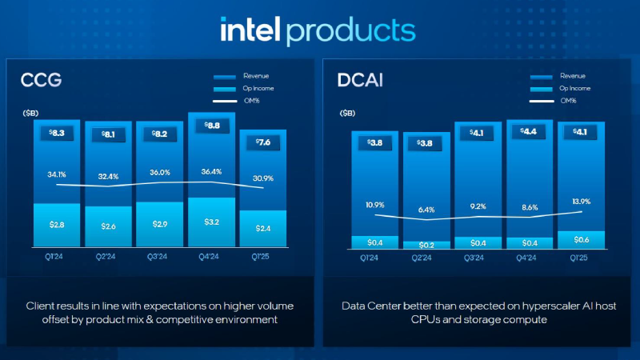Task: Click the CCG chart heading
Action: point(41,80)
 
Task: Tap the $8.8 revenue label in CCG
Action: point(211,126)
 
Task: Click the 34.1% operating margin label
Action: point(58,174)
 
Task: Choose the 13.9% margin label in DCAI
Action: point(581,202)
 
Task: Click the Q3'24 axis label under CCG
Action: point(160,258)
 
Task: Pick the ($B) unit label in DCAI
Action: point(349,114)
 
